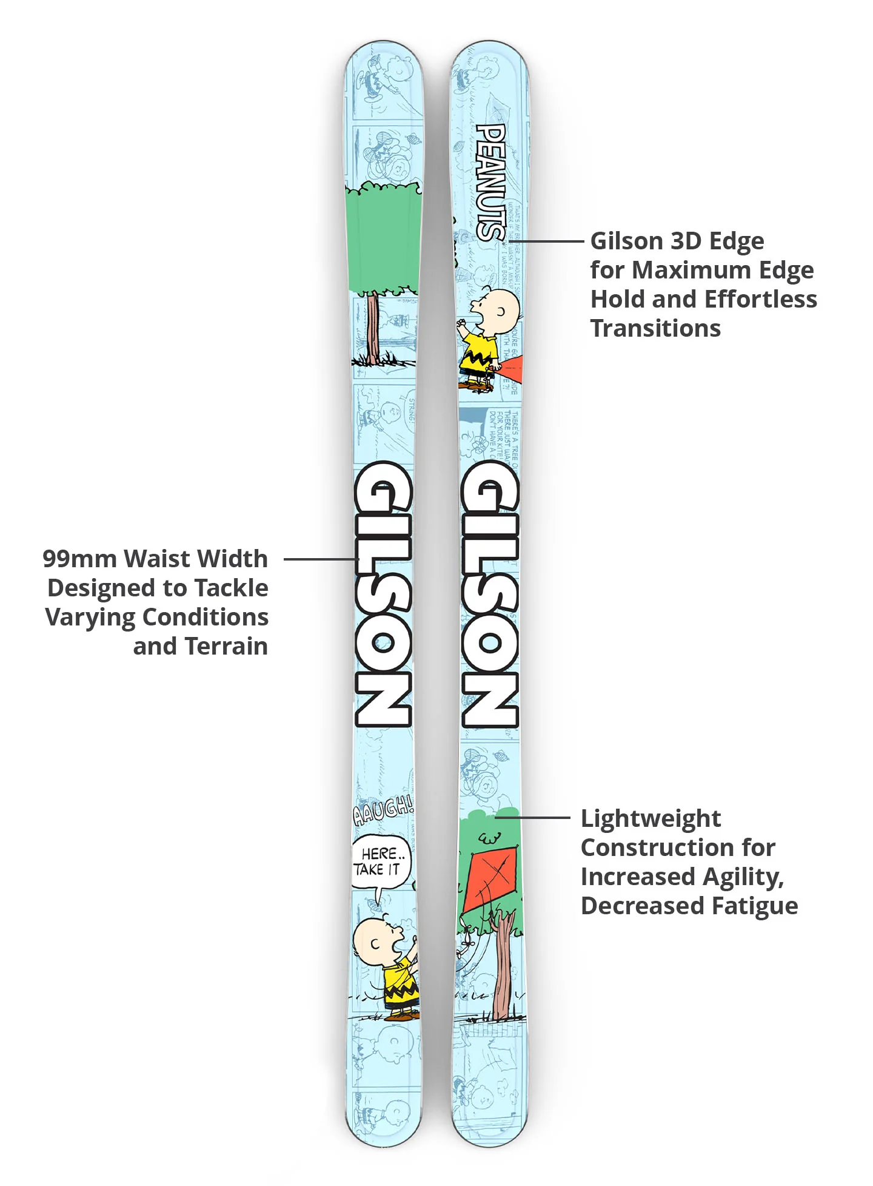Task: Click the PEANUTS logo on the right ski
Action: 490,182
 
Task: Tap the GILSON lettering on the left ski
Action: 383,595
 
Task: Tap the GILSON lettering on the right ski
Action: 490,595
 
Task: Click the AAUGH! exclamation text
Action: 383,811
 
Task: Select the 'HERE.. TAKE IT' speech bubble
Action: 380,862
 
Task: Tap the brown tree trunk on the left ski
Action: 373,328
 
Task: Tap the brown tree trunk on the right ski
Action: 501,971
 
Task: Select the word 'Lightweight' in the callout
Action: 651,819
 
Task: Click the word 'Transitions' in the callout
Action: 655,328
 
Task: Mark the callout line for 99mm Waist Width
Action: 318,559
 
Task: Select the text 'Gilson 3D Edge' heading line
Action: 677,241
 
